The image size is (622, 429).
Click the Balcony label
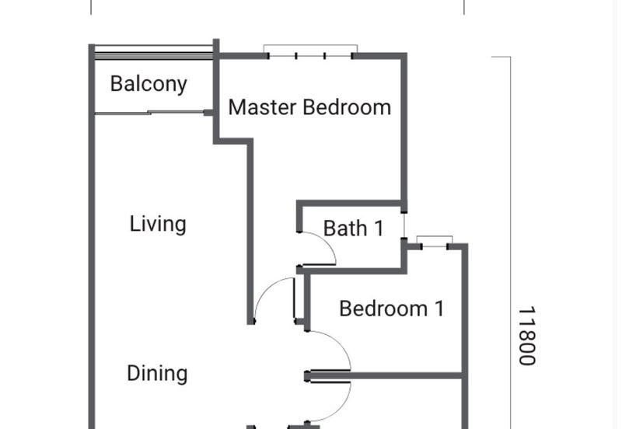coord(149,85)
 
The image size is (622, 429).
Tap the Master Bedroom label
coord(309,107)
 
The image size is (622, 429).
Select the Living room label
coord(158,225)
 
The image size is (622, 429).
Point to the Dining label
coord(157,374)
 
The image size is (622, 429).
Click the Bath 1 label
coord(354,228)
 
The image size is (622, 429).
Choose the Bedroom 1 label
coord(392,309)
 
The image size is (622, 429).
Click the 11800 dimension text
coord(528,336)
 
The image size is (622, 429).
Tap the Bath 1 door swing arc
coord(327,242)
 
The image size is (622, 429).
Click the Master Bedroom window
coord(310,52)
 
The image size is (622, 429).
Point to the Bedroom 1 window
coord(435,242)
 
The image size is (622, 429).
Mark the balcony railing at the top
coord(154,53)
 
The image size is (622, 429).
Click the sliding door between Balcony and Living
coord(150,113)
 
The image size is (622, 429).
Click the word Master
coord(263,107)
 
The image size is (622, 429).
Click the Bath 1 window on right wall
coord(404,225)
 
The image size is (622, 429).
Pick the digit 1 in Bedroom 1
coord(439,309)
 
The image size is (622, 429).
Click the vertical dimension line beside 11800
coord(511,242)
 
